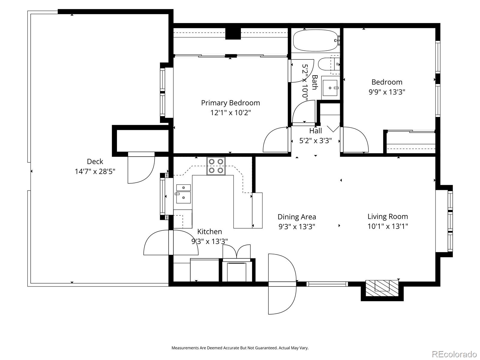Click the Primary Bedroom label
pos(230,103)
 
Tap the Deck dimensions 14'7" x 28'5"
pos(95,172)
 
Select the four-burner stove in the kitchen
pos(216,166)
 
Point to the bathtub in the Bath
pos(316,40)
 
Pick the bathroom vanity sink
pos(330,88)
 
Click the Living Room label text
pos(388,217)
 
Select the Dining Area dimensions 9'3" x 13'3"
pos(297,227)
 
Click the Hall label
pos(316,131)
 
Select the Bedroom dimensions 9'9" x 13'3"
pos(387,92)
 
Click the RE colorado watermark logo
pos(454,354)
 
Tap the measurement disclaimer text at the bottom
pos(240,348)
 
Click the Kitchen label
pos(209,232)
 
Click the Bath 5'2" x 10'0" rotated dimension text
pos(305,82)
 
